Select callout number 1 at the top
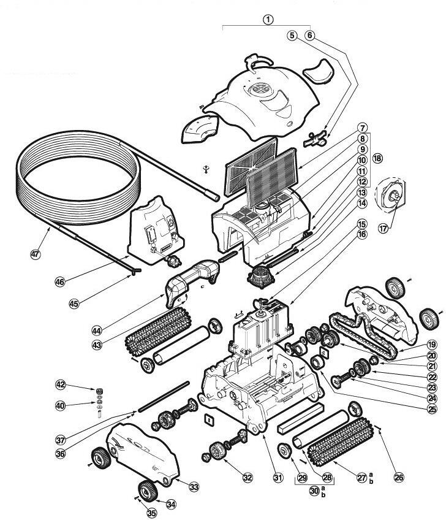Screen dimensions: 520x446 pos(268,18)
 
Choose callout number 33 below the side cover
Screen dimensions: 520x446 pos(194,486)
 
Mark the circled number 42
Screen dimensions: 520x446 pos(60,384)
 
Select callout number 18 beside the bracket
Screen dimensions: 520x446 pos(377,158)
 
